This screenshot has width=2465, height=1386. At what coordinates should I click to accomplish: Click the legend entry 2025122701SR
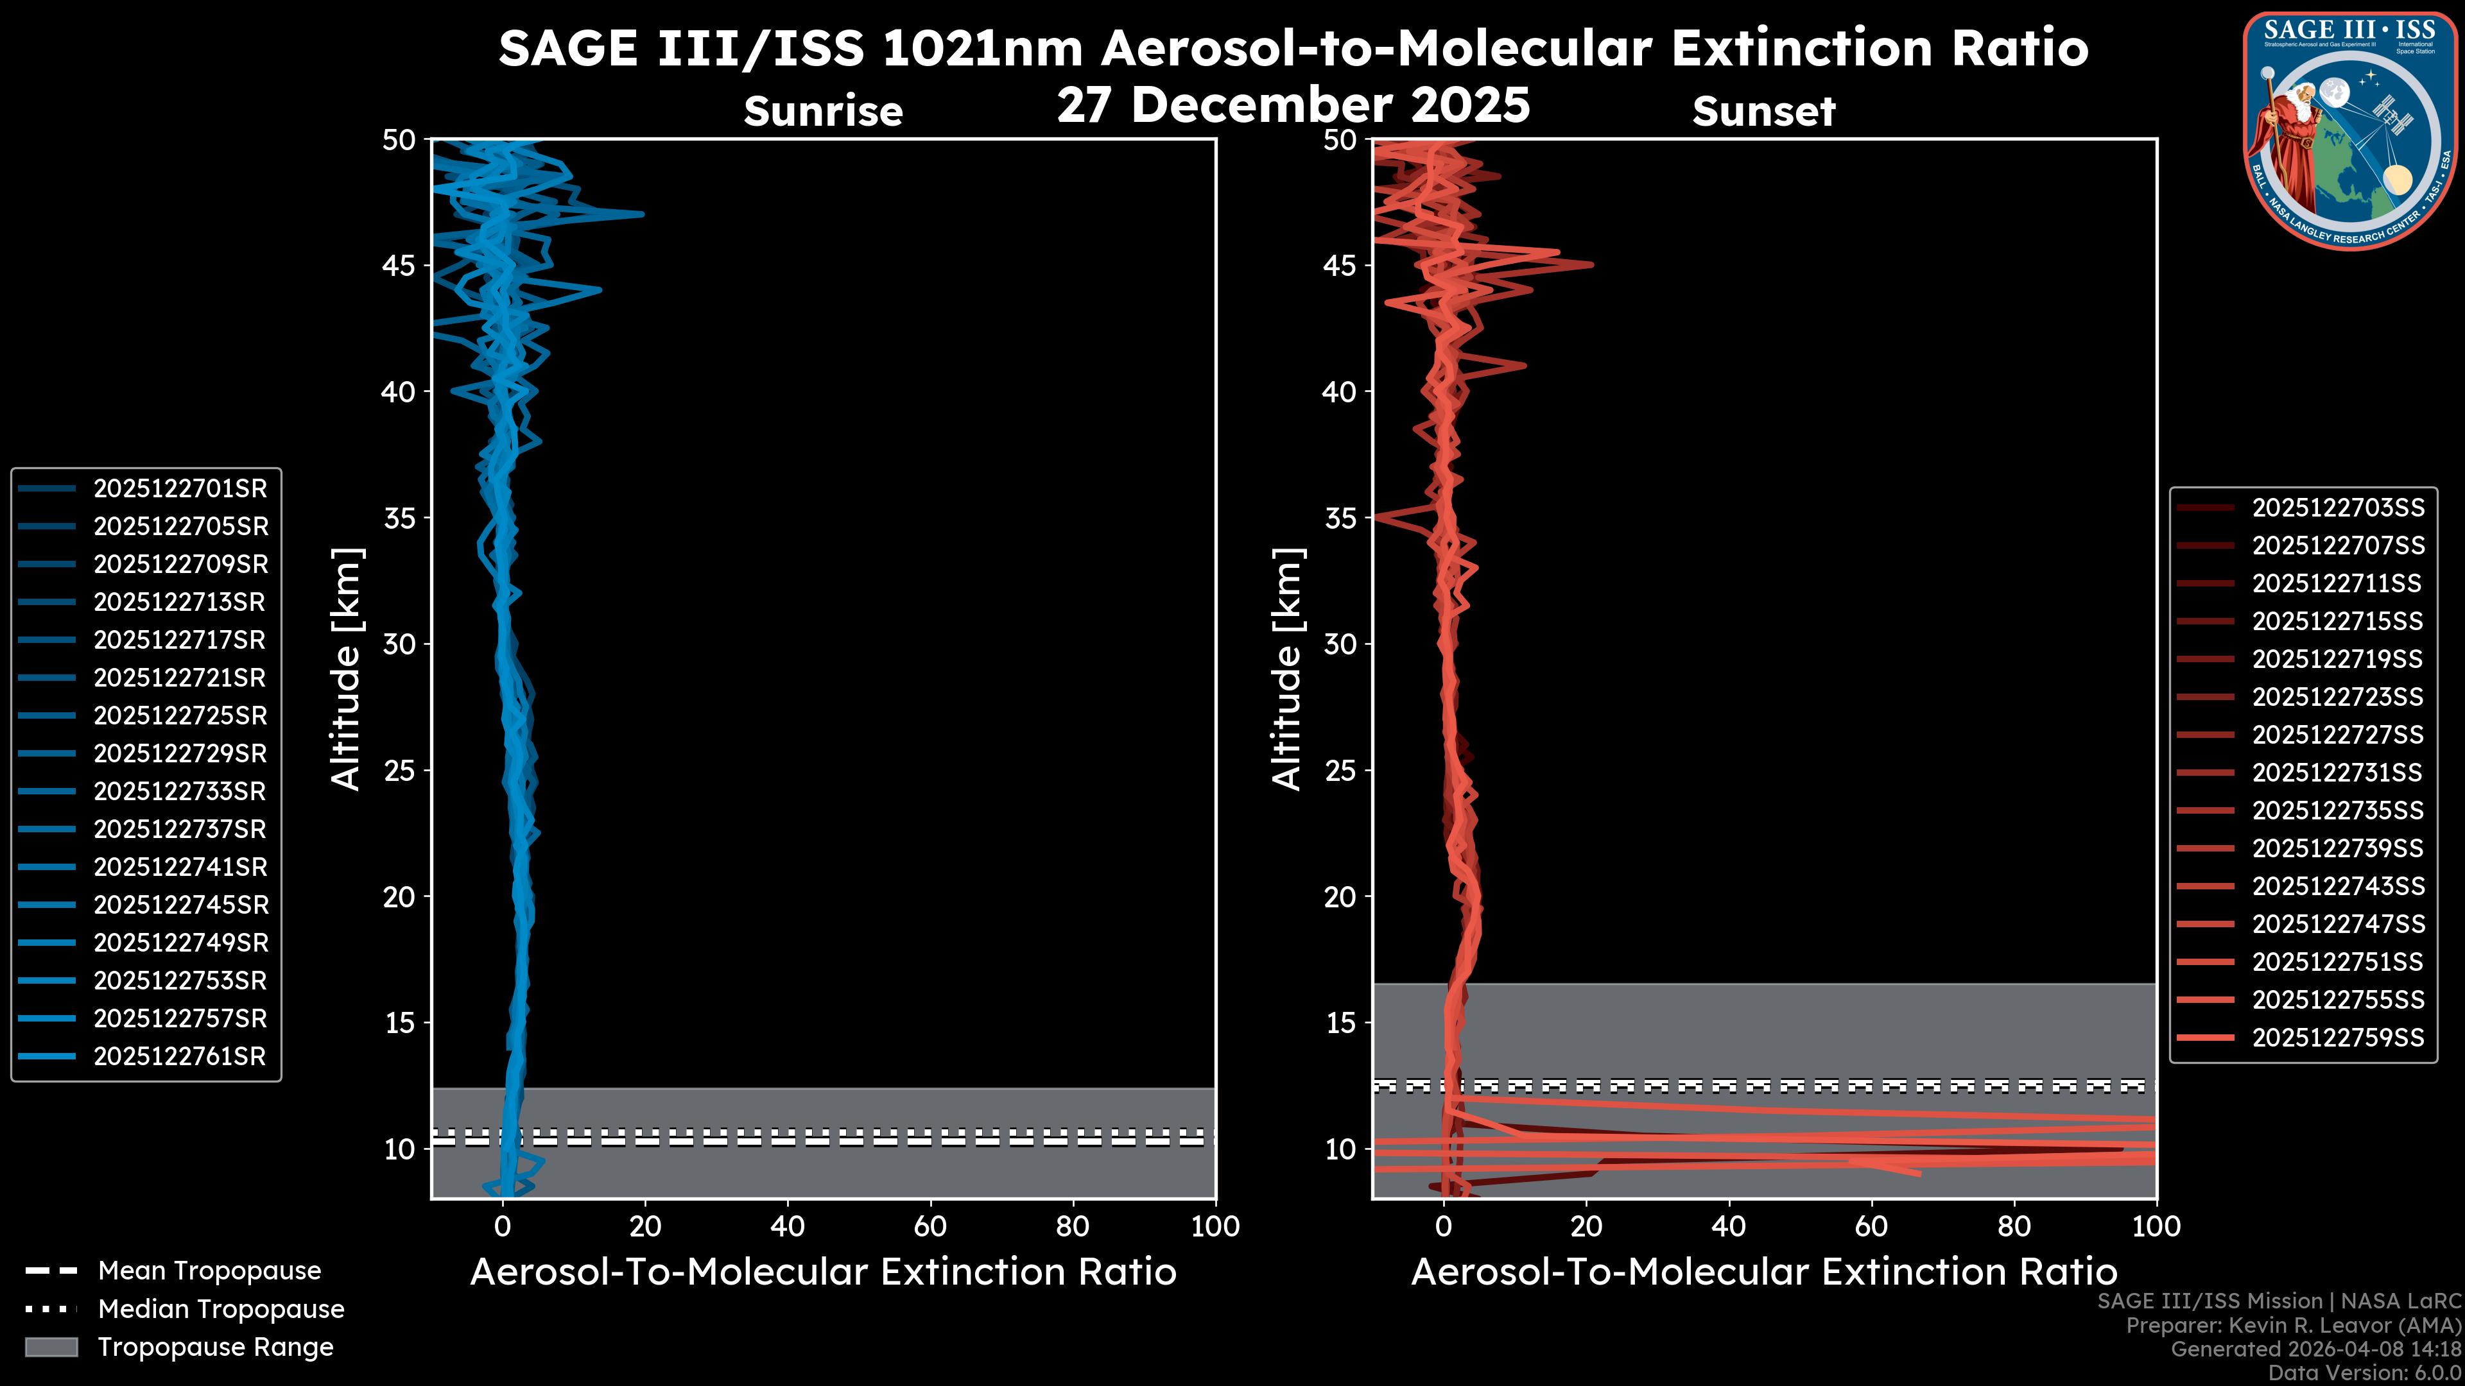[180, 489]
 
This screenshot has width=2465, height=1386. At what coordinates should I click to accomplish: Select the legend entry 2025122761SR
[180, 1057]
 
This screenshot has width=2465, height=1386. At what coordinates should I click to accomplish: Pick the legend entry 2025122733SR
[180, 792]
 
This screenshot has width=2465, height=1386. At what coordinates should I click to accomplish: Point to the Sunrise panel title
[823, 112]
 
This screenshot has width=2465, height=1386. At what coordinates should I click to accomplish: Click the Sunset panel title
[1763, 112]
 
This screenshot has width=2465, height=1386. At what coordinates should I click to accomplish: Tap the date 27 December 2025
[1293, 105]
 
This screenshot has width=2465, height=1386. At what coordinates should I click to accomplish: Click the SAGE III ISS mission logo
[2349, 131]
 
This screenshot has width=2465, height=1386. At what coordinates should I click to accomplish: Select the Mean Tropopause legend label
[209, 1271]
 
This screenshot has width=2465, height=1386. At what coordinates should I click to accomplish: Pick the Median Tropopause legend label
[220, 1310]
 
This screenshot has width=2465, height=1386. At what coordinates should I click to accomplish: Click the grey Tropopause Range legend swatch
[51, 1347]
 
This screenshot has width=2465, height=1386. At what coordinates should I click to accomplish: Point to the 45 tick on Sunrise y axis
[399, 266]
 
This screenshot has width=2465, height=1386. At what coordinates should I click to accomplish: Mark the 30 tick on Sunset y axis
[1340, 645]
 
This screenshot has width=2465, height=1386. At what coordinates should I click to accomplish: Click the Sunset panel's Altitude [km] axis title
[1287, 669]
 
